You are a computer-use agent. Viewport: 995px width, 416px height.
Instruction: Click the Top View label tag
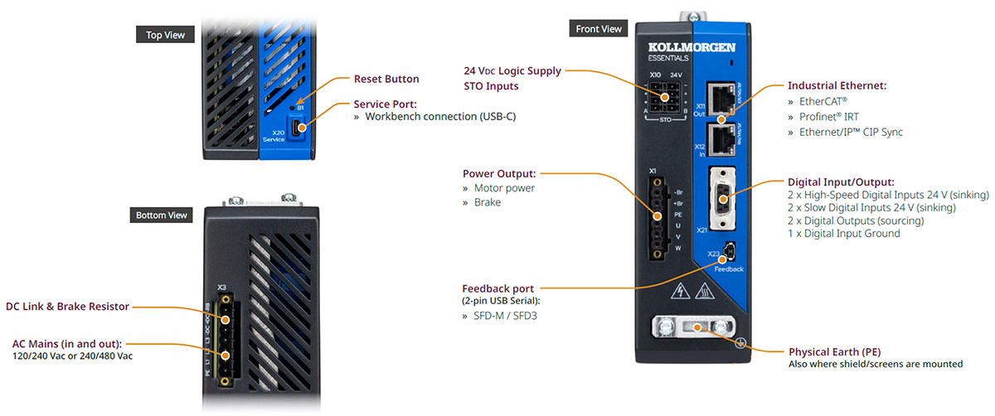pos(166,35)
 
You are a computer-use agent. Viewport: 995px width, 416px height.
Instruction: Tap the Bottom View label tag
pos(164,215)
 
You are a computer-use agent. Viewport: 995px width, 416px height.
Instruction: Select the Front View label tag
pos(598,29)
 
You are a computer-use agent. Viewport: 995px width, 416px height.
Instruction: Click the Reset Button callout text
pos(386,80)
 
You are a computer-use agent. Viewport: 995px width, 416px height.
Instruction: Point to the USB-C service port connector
pos(299,128)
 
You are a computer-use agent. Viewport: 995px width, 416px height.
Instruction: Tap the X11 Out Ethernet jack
pos(721,99)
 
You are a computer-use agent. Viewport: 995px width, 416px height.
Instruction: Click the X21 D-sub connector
pos(721,196)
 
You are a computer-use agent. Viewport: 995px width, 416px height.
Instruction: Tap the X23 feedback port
pos(728,249)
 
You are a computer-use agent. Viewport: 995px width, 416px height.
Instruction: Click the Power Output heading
pos(499,173)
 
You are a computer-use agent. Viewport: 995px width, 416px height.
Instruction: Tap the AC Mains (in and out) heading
pos(67,343)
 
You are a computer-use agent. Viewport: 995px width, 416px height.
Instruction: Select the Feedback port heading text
pos(498,288)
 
